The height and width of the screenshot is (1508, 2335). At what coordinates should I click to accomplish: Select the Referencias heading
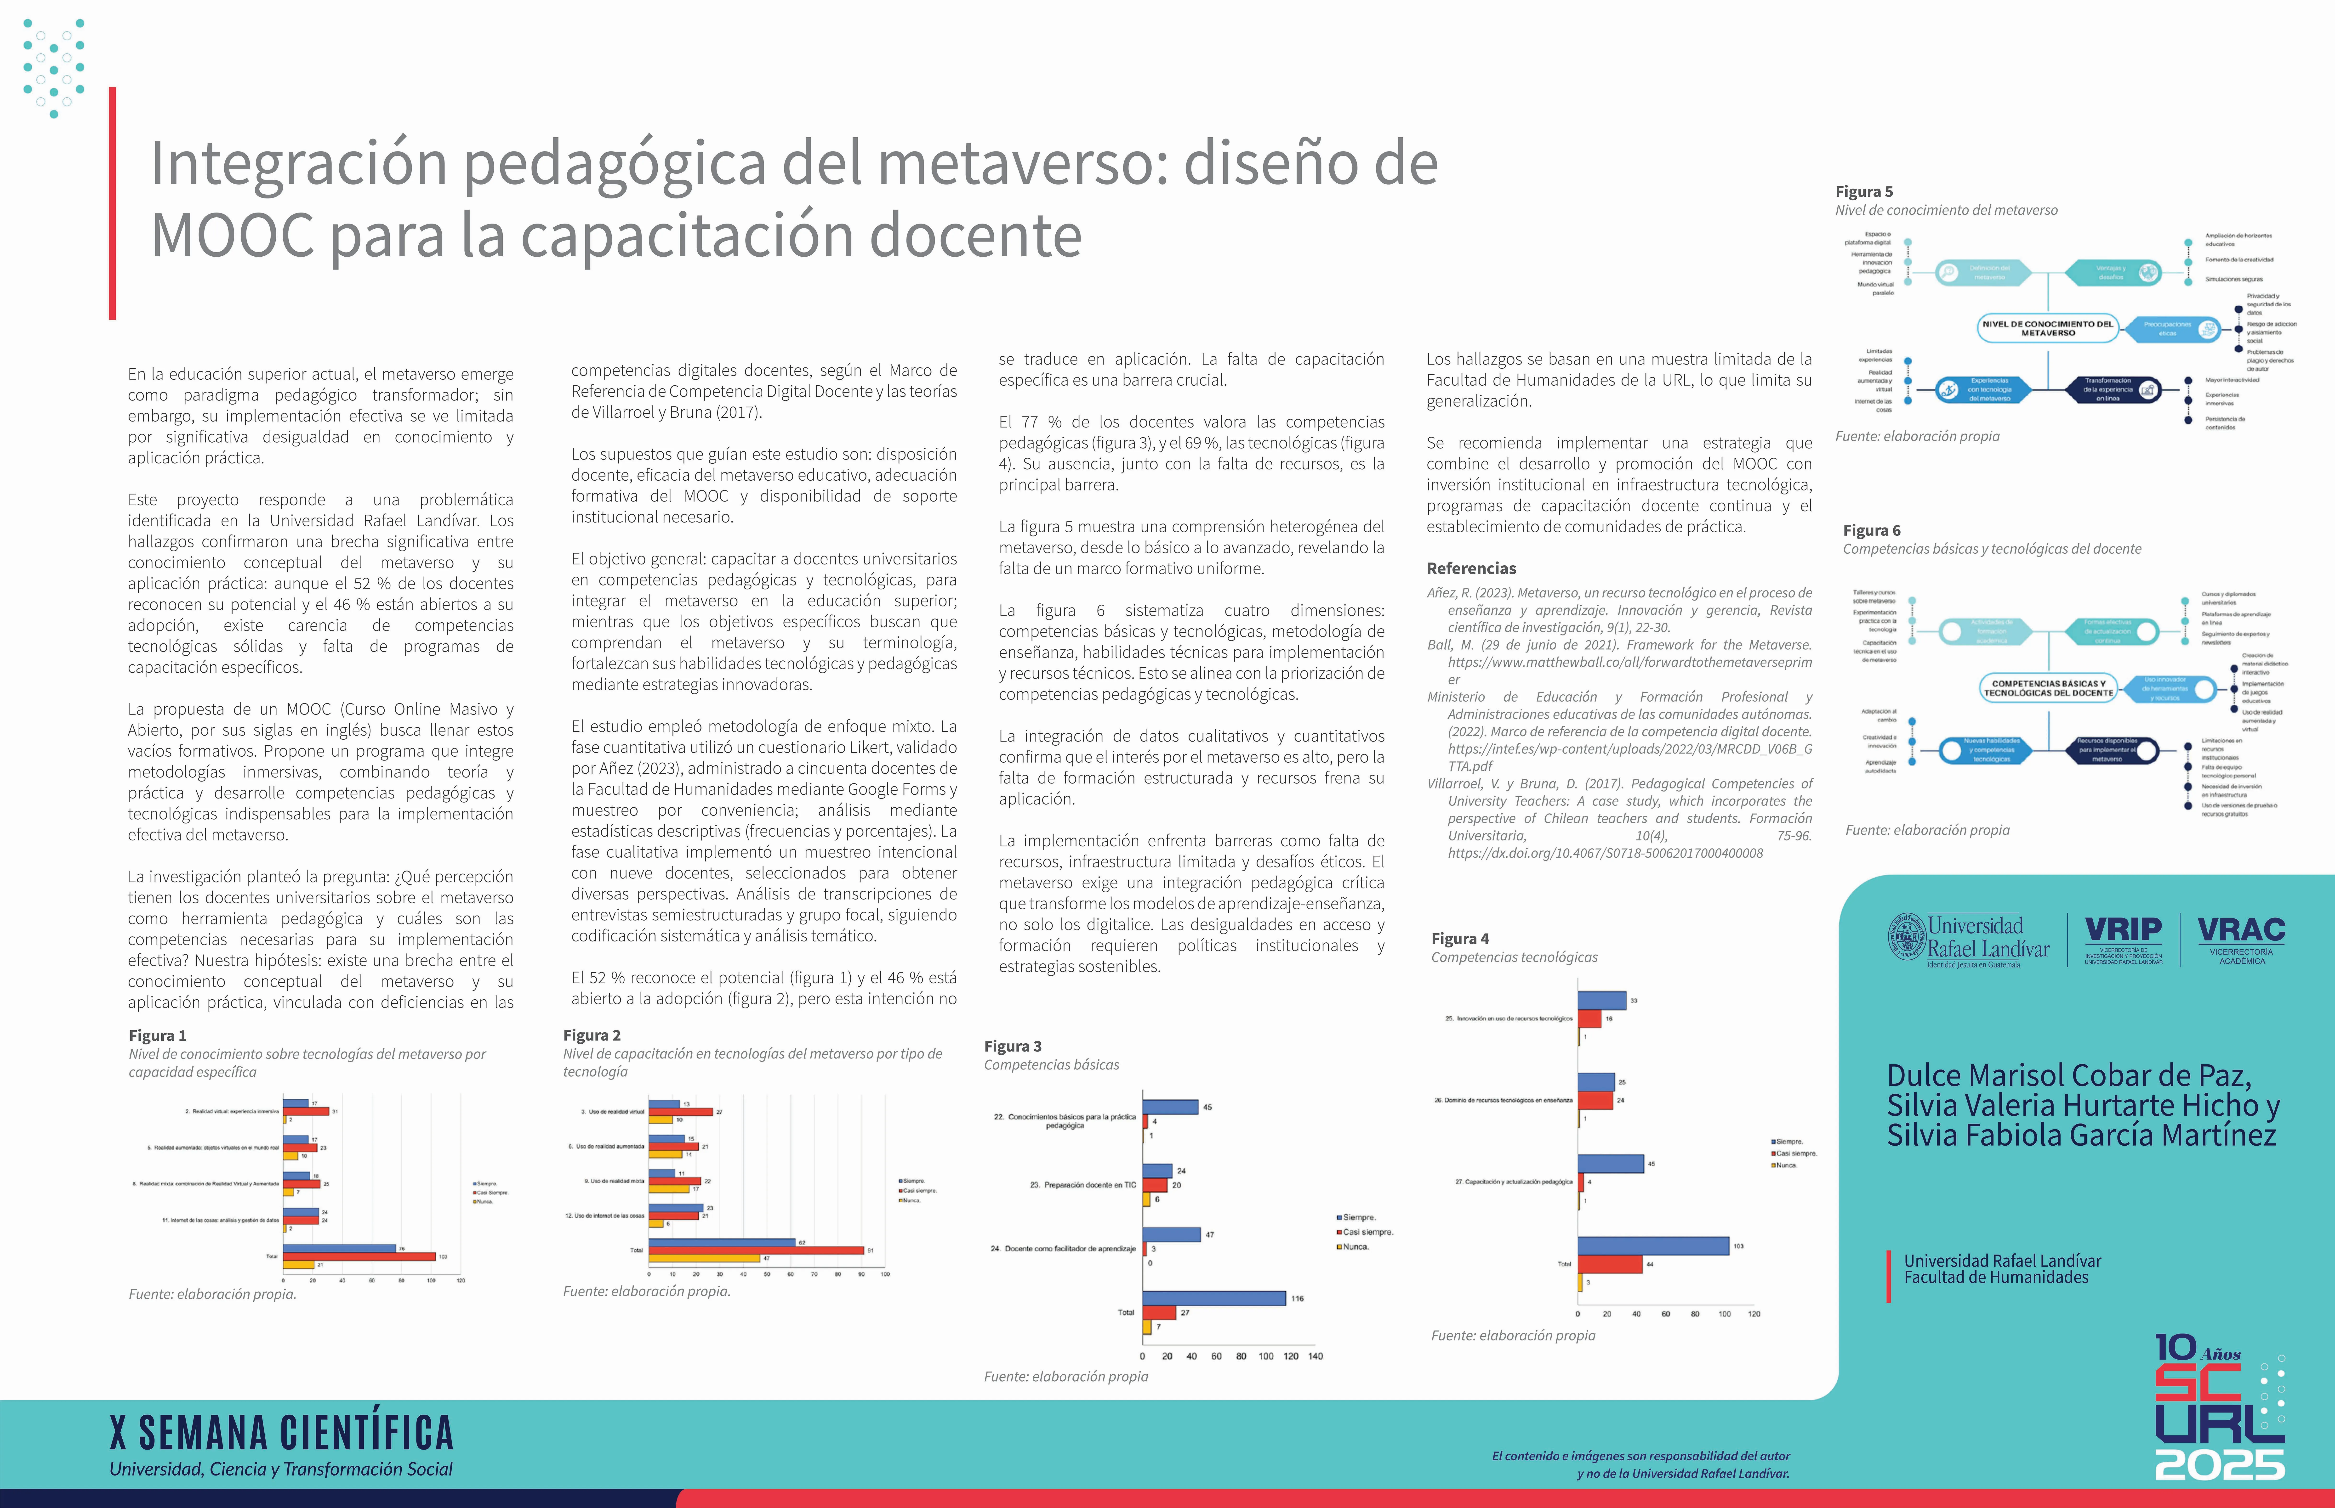pyautogui.click(x=1471, y=568)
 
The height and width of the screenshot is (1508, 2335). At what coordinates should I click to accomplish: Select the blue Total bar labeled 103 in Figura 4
pyautogui.click(x=1653, y=1246)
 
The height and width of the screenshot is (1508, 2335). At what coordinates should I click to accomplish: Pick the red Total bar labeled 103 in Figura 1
pyautogui.click(x=359, y=1256)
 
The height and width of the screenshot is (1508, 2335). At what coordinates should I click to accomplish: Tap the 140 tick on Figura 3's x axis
pyautogui.click(x=1316, y=1356)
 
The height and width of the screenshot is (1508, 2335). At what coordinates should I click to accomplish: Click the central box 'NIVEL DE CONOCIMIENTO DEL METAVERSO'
pyautogui.click(x=2047, y=328)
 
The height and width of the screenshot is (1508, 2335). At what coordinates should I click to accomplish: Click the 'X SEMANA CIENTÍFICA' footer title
pyautogui.click(x=282, y=1433)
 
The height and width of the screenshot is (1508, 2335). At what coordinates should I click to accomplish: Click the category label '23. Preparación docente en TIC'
pyautogui.click(x=1082, y=1185)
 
